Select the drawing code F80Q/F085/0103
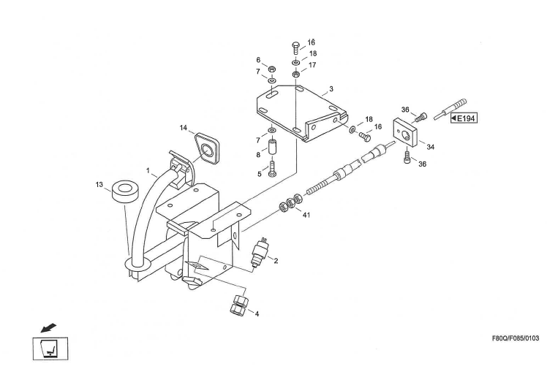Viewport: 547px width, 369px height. point(514,339)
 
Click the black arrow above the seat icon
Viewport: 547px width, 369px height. point(48,324)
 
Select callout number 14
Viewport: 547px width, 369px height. point(184,128)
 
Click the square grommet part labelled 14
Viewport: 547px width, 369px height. point(208,149)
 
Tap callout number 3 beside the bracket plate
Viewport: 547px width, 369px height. point(331,88)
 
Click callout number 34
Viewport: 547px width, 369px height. point(431,147)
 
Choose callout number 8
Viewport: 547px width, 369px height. point(257,156)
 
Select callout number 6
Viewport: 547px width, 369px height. point(258,60)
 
